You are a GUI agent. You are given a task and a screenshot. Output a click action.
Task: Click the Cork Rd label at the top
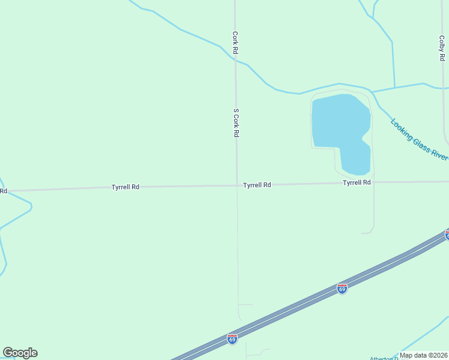point(236,43)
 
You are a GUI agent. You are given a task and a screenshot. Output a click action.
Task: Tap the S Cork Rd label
point(237,123)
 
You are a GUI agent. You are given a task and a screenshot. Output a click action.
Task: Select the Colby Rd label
point(442,47)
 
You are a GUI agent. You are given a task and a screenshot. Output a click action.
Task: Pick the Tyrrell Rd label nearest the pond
point(357,182)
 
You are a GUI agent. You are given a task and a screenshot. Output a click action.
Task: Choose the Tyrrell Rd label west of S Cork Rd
point(125,187)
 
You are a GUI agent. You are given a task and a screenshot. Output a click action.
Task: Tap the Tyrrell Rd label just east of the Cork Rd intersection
point(257,185)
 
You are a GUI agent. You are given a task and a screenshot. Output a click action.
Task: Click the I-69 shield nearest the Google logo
point(232,339)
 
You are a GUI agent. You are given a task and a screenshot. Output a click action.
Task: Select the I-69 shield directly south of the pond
point(342,289)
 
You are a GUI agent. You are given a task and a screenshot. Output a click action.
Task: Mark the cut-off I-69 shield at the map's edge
point(447,235)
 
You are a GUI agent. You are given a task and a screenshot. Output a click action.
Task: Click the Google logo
point(20,353)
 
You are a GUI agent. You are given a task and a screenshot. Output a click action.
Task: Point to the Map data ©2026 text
point(423,355)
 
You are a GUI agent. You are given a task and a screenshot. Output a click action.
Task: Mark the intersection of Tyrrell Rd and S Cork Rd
point(237,185)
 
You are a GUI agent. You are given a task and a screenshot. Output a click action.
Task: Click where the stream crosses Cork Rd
point(235,58)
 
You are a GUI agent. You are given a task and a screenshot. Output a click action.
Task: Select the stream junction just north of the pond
point(372,92)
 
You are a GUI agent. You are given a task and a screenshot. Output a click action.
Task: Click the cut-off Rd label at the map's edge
point(4,191)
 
